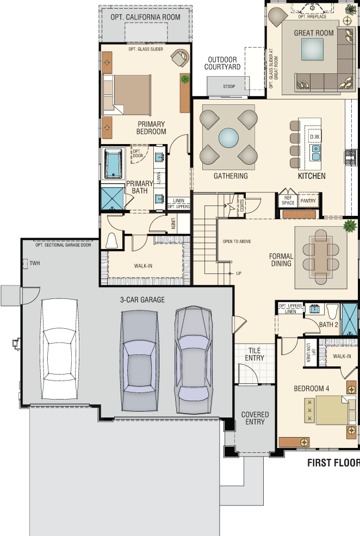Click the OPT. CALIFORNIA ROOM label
coord(145,17)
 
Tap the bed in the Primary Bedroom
coord(127,95)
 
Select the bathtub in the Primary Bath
coord(113,164)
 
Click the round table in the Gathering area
coord(229,138)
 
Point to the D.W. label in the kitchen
coord(315,137)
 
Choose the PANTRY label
coord(308,201)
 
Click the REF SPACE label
coord(288,200)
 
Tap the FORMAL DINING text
coord(281,260)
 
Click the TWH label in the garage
coord(34,263)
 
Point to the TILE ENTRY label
coord(255,354)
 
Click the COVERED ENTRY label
coord(255,418)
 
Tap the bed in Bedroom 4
coord(331,410)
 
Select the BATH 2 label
coord(328,325)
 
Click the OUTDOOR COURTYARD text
coord(222,63)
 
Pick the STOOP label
coord(229,86)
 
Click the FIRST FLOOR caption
coord(333,463)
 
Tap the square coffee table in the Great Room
coord(313,49)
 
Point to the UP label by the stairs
coord(239,273)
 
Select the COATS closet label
coord(242,205)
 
